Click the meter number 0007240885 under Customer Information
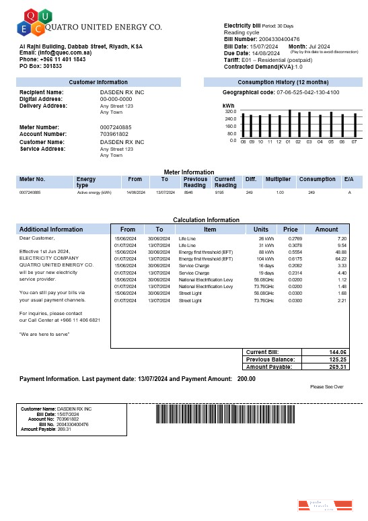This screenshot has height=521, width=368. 116,127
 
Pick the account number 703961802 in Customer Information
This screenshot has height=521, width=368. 114,134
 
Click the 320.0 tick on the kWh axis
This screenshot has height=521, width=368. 231,112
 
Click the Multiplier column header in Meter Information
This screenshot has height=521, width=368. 278,180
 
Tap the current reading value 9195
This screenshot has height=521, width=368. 219,193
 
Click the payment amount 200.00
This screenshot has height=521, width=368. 246,379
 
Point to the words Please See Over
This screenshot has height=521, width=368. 327,387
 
